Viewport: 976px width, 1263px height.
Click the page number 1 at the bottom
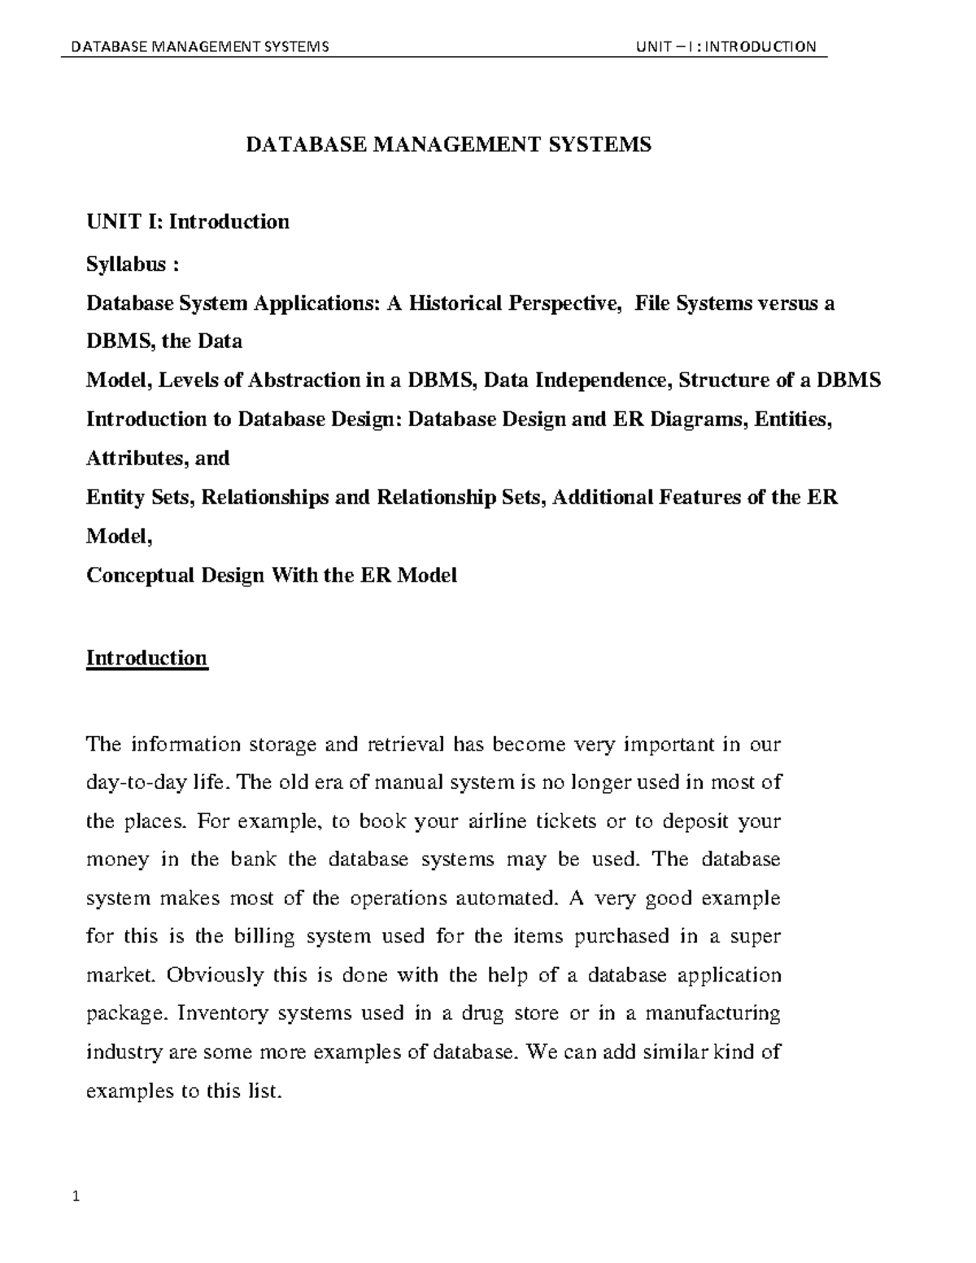[76, 1196]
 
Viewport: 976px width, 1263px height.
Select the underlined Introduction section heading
[147, 658]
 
